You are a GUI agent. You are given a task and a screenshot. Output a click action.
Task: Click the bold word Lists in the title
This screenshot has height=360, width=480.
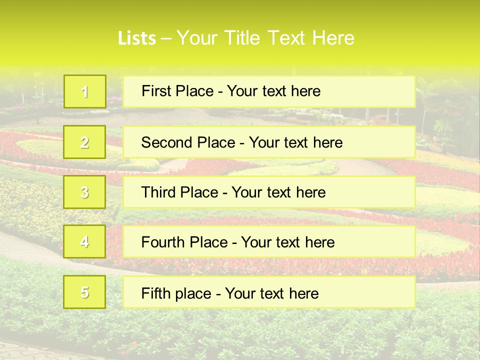pos(136,38)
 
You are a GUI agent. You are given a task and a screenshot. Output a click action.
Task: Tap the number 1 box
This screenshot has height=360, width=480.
pos(85,91)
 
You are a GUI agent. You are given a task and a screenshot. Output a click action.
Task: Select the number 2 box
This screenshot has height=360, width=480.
pos(85,142)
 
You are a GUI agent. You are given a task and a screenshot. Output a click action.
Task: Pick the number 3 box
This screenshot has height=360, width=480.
pos(85,192)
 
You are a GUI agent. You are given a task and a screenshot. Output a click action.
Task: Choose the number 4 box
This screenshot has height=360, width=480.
pos(85,242)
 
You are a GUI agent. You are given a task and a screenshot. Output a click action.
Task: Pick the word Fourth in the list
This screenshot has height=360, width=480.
pos(163,242)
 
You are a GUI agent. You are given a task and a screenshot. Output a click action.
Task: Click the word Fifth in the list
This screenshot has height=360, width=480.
pos(156,293)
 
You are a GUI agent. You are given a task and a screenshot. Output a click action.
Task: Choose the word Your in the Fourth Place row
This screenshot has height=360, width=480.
pos(256,242)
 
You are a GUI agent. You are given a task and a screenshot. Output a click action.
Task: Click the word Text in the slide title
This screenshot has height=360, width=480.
pos(287,38)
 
